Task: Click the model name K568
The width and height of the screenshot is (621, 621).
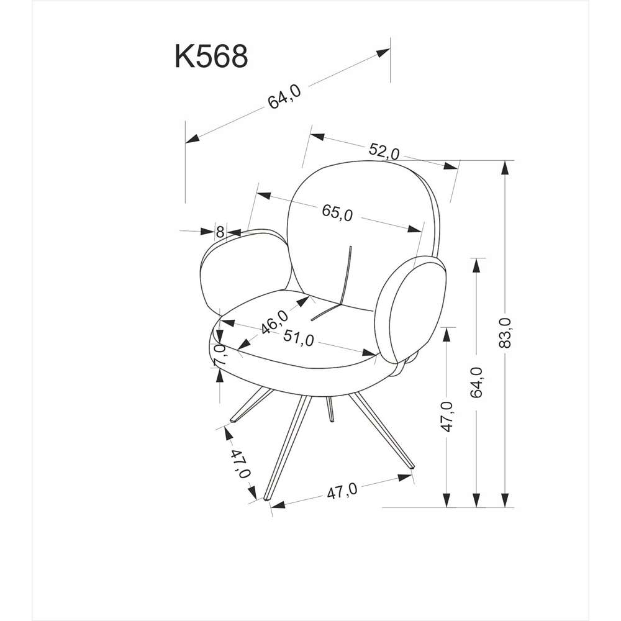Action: tap(212, 57)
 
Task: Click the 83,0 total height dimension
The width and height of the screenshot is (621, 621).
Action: tap(505, 333)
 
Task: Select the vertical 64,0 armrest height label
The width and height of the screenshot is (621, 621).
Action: tap(476, 382)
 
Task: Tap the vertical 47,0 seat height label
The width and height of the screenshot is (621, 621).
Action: tap(446, 417)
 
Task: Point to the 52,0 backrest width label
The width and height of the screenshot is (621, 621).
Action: tap(384, 152)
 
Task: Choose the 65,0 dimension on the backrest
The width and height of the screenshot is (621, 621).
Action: tap(337, 212)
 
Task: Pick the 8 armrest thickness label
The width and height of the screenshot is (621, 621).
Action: tap(220, 231)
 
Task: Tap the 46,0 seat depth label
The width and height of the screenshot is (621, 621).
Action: tap(275, 322)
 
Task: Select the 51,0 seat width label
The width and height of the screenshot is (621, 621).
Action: tap(299, 338)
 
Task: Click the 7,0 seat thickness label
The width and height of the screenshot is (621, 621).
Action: tap(219, 355)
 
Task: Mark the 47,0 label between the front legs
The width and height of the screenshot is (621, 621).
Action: tap(342, 491)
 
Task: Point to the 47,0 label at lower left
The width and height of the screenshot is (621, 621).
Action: tap(240, 464)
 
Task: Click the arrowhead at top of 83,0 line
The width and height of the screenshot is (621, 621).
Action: tap(504, 168)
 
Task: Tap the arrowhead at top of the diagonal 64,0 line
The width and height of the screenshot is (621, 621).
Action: tap(383, 53)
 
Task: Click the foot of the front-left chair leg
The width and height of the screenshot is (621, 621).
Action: tap(268, 499)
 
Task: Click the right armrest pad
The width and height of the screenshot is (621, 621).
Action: tap(410, 309)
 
